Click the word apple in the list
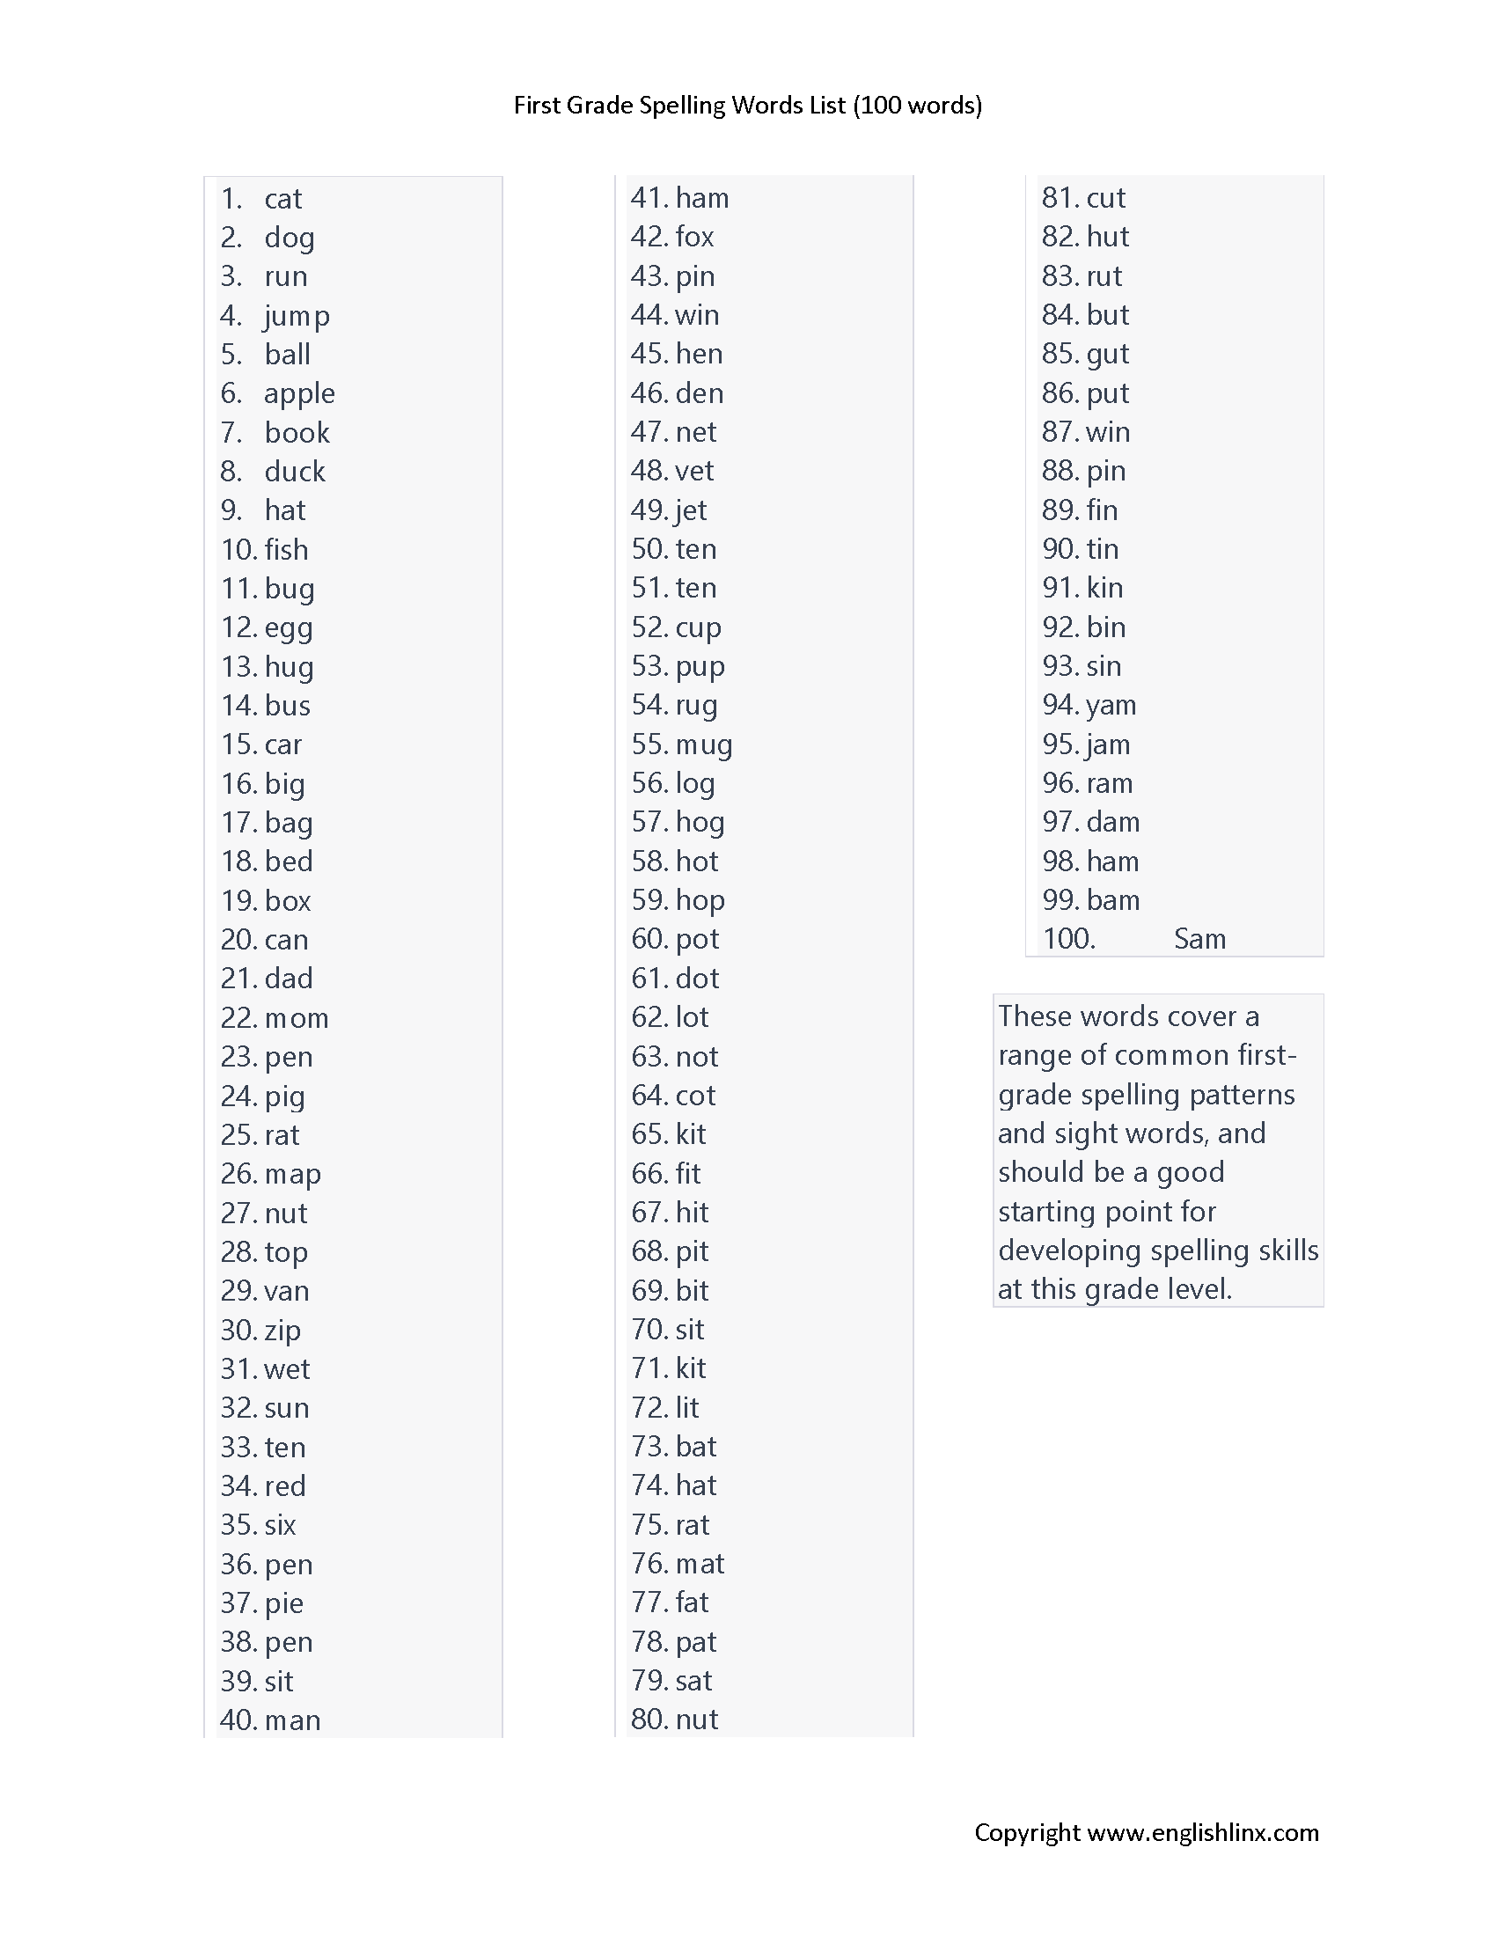click(x=298, y=393)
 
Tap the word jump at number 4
click(x=297, y=316)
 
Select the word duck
click(x=294, y=472)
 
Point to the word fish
click(x=286, y=550)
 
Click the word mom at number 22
click(x=297, y=1017)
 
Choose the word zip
click(x=282, y=1330)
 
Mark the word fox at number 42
click(x=694, y=237)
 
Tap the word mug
click(x=704, y=744)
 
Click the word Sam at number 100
click(x=1199, y=939)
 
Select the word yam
click(x=1111, y=706)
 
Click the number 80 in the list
click(x=648, y=1720)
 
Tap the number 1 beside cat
click(x=231, y=199)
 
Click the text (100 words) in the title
click(x=917, y=106)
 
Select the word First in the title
click(x=537, y=106)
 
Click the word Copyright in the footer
click(x=1027, y=1833)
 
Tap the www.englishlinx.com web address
click(x=1203, y=1833)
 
